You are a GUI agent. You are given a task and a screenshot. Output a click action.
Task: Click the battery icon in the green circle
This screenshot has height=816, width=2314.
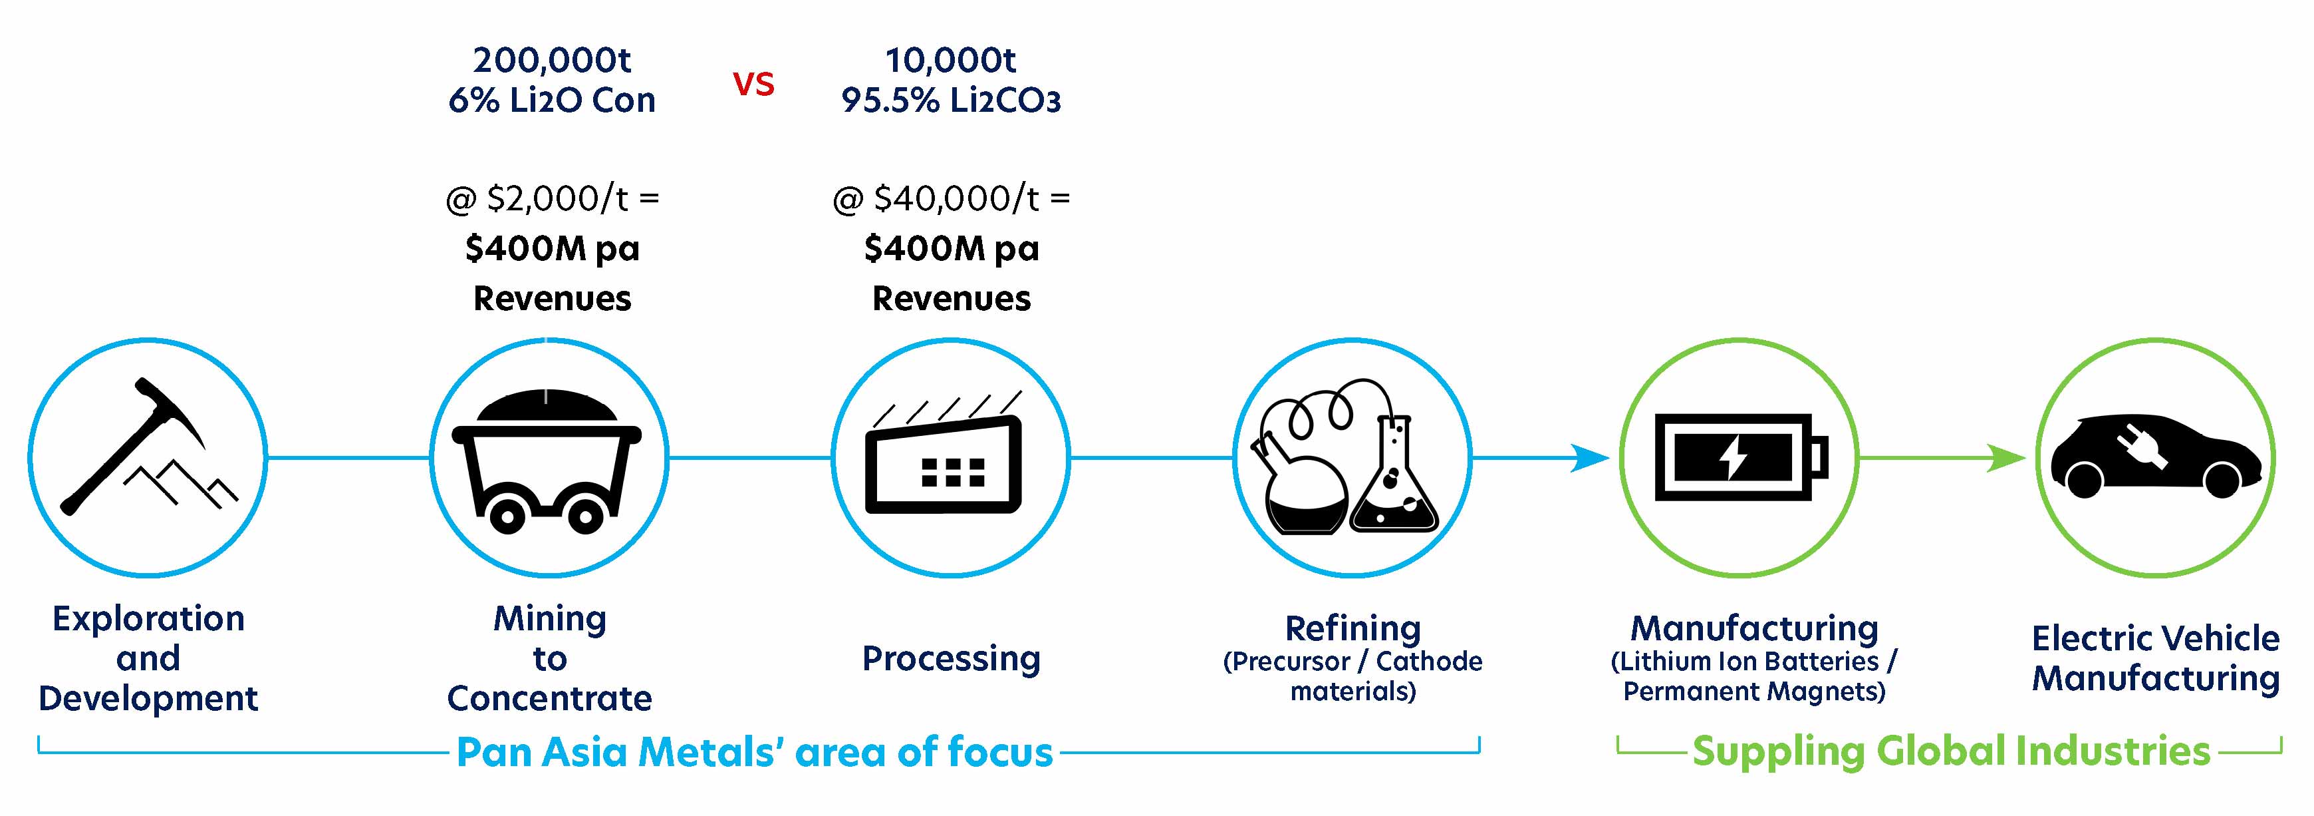[1741, 459]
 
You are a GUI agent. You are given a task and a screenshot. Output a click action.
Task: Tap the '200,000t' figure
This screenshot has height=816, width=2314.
[551, 60]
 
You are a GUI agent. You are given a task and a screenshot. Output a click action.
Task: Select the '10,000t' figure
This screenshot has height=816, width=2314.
[950, 60]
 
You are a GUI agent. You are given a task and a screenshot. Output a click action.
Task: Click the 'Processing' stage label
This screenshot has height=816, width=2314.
[952, 660]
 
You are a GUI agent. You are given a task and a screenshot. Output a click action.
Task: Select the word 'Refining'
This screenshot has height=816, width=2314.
[1353, 628]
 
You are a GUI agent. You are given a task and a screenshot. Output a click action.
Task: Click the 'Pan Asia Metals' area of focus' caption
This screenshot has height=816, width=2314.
[755, 752]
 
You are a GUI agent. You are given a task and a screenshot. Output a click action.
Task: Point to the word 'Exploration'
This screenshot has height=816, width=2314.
[148, 619]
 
